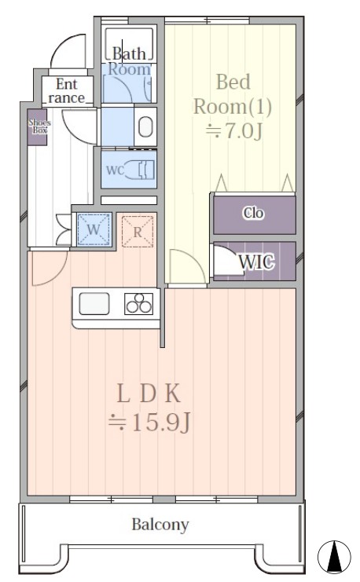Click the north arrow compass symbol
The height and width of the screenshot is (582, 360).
[x=334, y=557]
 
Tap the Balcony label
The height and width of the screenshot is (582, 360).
[x=160, y=525]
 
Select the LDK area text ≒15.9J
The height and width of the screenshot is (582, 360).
[x=149, y=423]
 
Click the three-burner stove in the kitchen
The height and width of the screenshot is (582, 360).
[x=138, y=304]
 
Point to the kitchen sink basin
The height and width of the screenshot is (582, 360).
[x=94, y=304]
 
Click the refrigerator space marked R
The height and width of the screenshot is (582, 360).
[x=138, y=232]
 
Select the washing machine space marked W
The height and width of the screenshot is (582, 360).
[x=94, y=229]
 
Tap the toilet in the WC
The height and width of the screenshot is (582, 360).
[x=141, y=170]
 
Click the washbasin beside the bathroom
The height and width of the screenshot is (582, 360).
[x=145, y=126]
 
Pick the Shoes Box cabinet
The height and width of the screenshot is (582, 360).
[x=37, y=127]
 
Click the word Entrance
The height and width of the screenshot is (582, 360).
[x=67, y=91]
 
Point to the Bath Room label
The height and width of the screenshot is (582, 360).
[x=129, y=61]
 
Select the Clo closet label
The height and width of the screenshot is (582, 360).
[x=253, y=213]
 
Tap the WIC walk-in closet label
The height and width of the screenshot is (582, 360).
[x=257, y=262]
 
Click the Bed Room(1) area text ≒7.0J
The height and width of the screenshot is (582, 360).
[x=234, y=130]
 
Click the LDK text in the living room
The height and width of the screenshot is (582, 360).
[x=149, y=393]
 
